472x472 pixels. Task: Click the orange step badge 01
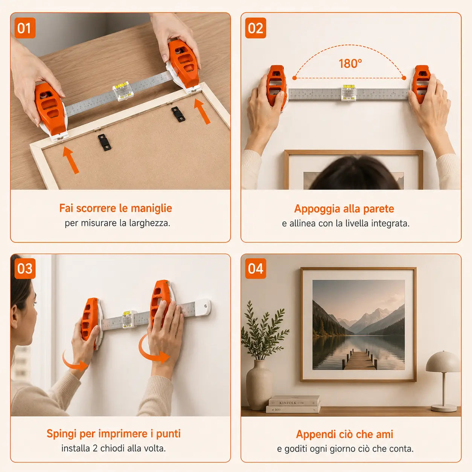25,28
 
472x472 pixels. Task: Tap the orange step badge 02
256,28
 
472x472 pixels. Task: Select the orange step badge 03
25,268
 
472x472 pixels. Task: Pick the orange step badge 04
256,268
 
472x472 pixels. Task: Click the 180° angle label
350,64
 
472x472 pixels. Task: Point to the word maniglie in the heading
151,208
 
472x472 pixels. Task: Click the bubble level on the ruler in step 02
349,92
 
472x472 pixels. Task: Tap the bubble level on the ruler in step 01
123,91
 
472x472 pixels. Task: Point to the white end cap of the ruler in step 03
203,307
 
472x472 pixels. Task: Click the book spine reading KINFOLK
294,402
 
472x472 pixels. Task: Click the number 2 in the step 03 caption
95,449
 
